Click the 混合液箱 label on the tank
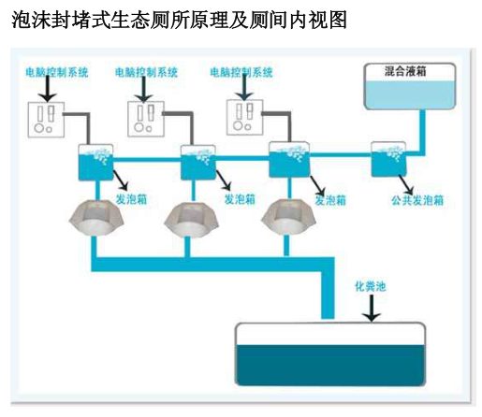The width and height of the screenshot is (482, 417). tap(405, 71)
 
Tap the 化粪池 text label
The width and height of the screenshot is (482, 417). tap(371, 286)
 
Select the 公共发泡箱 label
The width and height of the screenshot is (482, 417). tap(417, 200)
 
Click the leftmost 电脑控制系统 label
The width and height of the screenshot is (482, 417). tap(57, 72)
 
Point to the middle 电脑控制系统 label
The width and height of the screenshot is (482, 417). tap(146, 72)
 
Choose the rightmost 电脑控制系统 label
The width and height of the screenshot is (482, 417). tap(241, 72)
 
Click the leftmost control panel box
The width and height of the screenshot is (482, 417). tap(46, 120)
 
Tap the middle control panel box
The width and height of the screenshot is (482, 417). tap(146, 119)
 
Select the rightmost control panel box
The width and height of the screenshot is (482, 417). tap(245, 117)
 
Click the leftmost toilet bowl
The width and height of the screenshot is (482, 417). tap(96, 218)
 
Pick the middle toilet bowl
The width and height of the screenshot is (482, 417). tap(191, 220)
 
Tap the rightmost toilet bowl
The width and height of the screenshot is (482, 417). tap(288, 218)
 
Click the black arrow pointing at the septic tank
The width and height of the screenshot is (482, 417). tap(372, 308)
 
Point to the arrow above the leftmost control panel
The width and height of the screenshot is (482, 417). tap(48, 88)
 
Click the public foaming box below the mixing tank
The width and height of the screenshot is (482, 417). tap(388, 159)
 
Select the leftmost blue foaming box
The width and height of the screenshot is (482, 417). tap(95, 162)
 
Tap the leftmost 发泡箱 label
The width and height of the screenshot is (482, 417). tap(131, 199)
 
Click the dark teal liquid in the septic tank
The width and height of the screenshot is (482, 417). tap(330, 365)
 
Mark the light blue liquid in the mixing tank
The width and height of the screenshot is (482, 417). tap(410, 94)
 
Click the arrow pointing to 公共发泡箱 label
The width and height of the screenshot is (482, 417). tap(406, 185)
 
